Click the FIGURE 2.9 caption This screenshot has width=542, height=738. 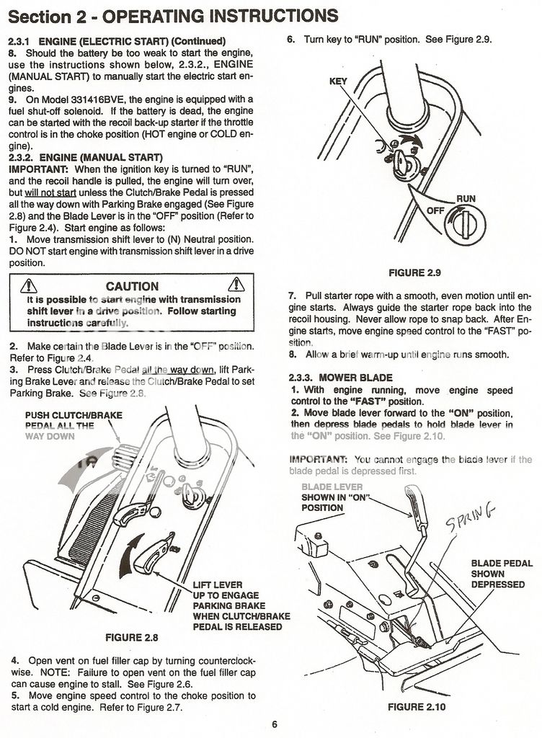click(x=414, y=272)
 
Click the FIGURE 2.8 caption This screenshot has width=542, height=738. click(x=131, y=637)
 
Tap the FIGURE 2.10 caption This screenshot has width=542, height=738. click(x=416, y=707)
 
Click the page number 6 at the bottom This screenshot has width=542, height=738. click(x=275, y=724)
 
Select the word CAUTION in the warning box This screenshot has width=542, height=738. click(x=132, y=286)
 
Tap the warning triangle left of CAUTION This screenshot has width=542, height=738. click(x=30, y=286)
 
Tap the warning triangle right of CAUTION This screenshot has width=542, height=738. click(x=236, y=285)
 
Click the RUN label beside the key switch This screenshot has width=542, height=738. click(x=465, y=198)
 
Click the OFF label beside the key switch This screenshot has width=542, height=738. click(x=435, y=210)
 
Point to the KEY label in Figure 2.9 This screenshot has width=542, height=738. click(x=338, y=81)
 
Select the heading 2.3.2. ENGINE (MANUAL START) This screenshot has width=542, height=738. click(x=86, y=157)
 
